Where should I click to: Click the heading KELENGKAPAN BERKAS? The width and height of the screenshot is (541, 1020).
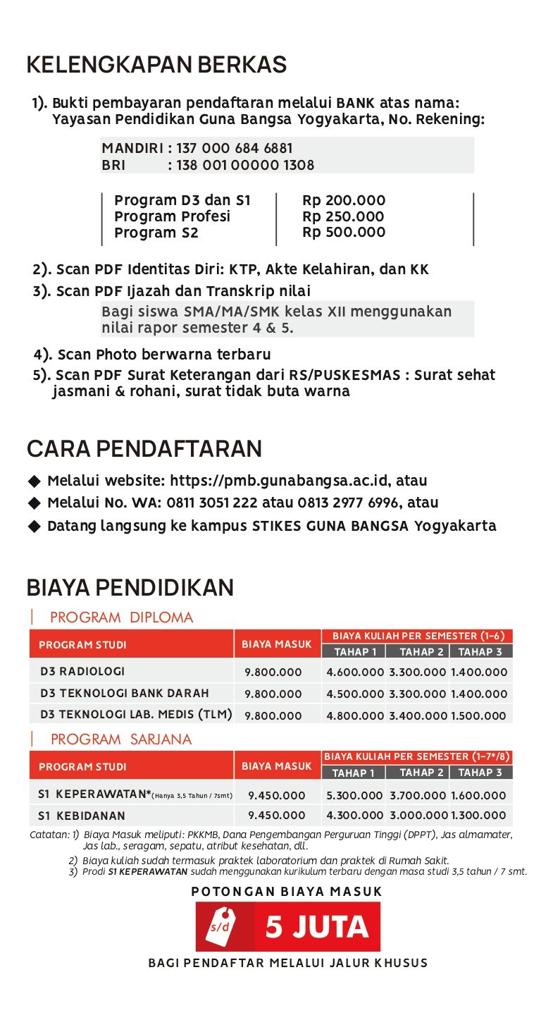pos(156,65)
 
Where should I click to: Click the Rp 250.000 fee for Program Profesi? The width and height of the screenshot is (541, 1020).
pos(344,216)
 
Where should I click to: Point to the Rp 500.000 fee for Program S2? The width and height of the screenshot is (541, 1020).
pos(344,233)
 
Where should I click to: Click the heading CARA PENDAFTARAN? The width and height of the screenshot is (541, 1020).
pos(144,449)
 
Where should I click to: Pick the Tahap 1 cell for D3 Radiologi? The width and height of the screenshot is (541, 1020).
pos(355,672)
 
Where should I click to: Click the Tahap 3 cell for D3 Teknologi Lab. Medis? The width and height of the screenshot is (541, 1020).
pos(478,715)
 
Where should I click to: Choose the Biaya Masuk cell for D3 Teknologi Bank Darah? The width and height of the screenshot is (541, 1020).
pos(273,694)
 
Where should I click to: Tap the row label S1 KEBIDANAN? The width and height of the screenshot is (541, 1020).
pos(82,816)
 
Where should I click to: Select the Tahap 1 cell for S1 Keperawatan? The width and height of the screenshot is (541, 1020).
pos(355,795)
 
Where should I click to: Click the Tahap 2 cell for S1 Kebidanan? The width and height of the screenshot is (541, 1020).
pos(418,816)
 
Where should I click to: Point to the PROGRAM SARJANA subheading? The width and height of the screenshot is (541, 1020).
pos(121,739)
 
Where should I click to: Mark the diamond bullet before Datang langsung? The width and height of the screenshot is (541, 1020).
pos(35,527)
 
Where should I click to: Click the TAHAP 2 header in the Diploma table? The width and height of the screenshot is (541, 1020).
pos(421,652)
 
